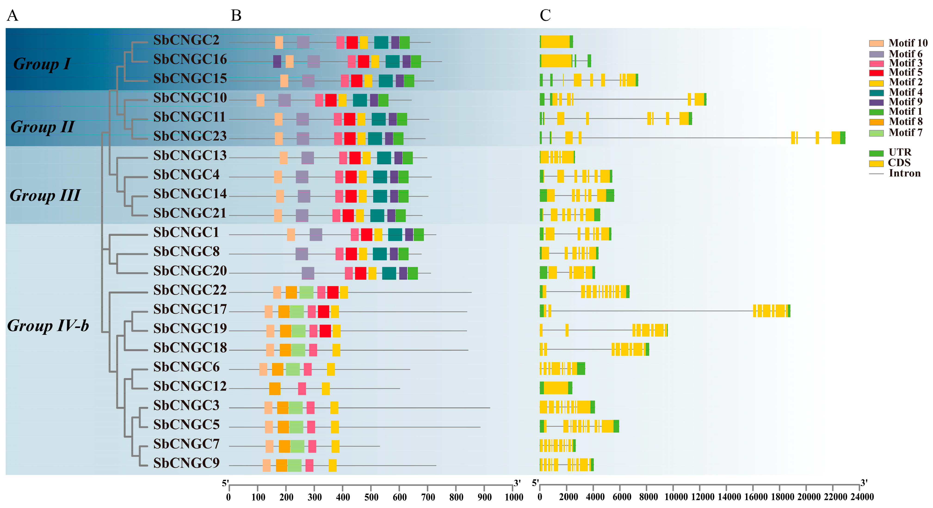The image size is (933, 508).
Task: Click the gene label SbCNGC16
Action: [190, 60]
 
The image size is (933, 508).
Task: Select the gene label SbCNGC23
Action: [190, 136]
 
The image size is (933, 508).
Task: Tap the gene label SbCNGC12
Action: [190, 386]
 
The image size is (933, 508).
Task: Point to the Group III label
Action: [45, 195]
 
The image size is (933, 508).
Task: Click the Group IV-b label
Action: [48, 326]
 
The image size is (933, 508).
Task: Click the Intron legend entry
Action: [895, 173]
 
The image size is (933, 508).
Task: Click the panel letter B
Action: [236, 16]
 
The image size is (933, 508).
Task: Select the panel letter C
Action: [545, 16]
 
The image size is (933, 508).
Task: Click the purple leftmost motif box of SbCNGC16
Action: [277, 62]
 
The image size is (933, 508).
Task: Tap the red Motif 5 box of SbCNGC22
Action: [333, 292]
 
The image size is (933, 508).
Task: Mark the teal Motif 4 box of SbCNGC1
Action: [395, 235]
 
